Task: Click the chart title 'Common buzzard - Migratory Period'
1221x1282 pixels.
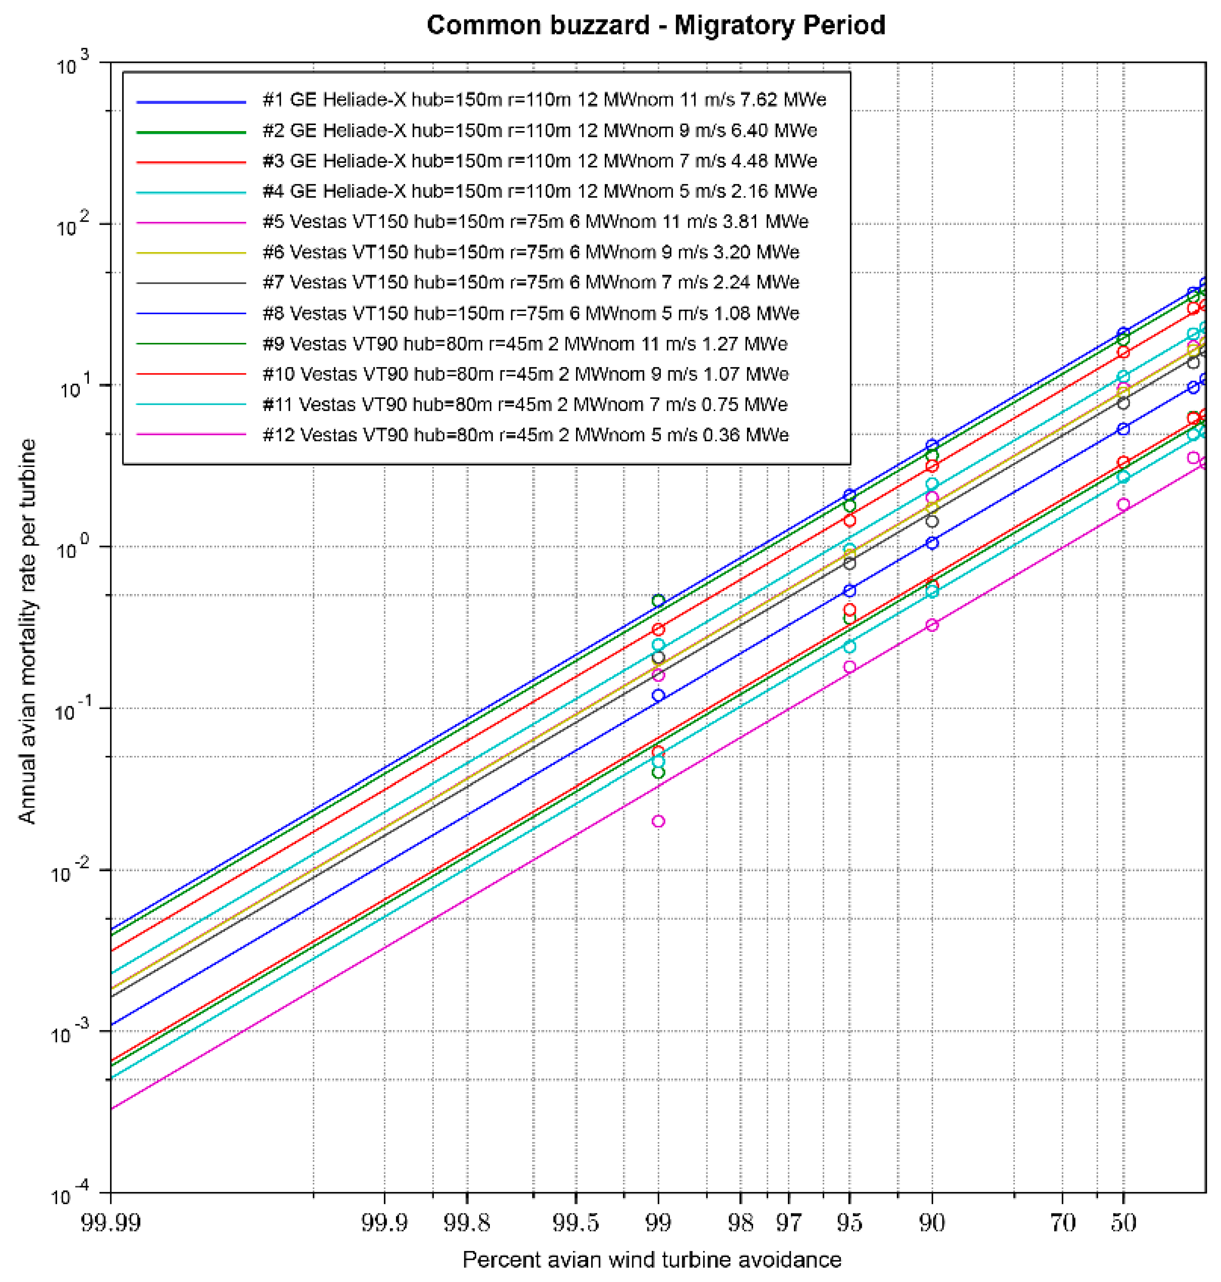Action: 655,25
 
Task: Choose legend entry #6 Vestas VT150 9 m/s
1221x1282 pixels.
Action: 530,252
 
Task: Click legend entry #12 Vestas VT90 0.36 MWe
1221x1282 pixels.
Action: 525,435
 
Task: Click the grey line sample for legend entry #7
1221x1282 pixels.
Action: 191,282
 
